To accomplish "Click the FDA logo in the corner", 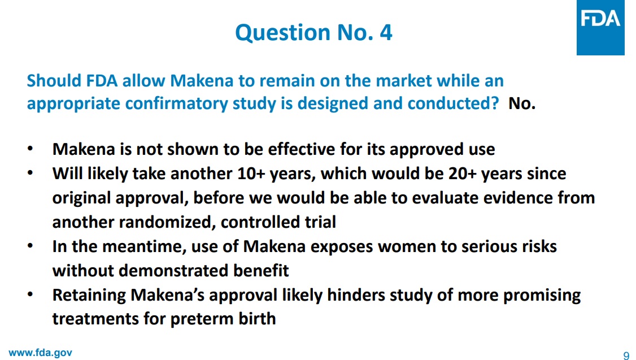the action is [x=600, y=27].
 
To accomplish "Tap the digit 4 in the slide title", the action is [x=386, y=32].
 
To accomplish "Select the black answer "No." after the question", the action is [x=522, y=103].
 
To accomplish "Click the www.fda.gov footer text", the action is [x=40, y=353].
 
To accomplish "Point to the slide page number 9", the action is [x=626, y=355].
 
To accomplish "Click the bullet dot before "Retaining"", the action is [x=30, y=294].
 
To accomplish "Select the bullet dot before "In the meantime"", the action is [x=30, y=246].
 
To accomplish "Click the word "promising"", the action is [x=542, y=296].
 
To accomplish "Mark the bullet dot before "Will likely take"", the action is [x=30, y=173].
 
